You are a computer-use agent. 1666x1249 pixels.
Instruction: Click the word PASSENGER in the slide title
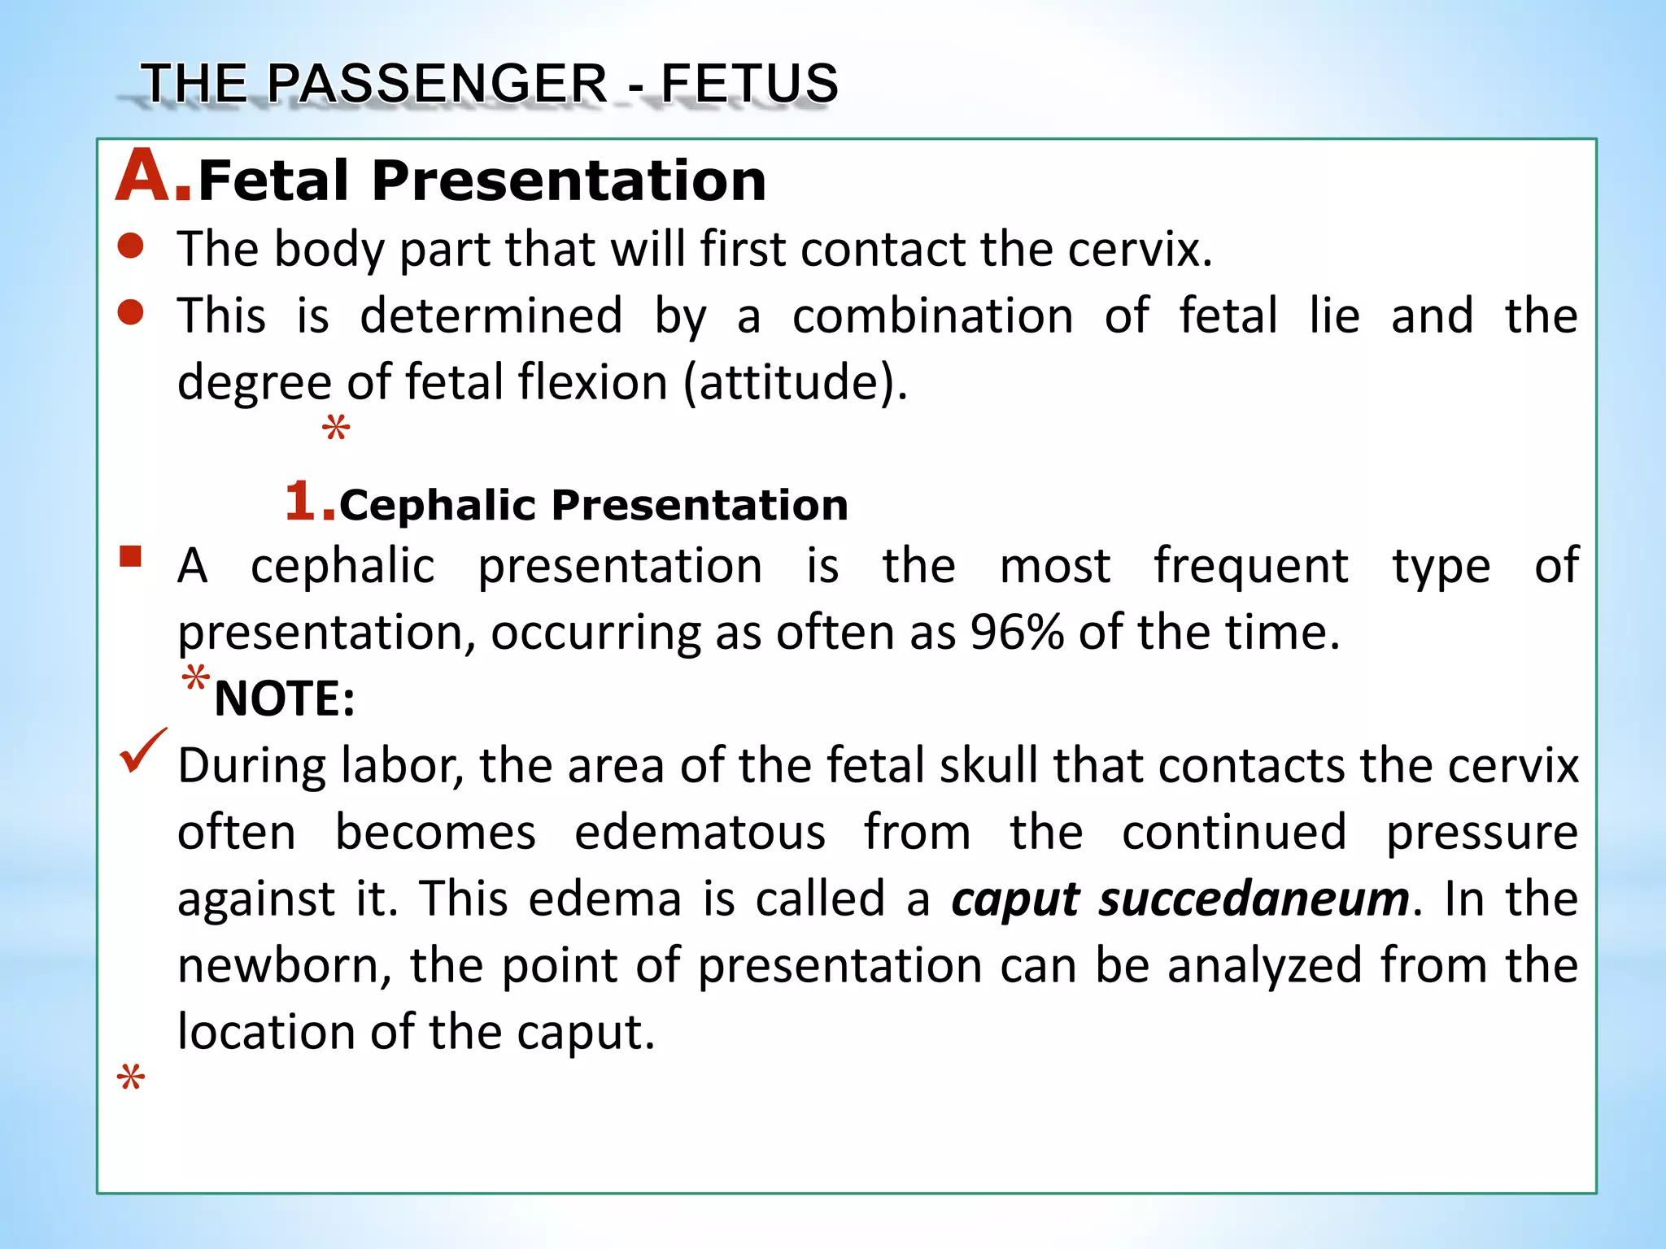[x=436, y=83]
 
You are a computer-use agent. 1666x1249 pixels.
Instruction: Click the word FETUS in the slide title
[x=748, y=83]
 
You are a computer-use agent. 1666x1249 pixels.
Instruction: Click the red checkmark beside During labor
[x=143, y=749]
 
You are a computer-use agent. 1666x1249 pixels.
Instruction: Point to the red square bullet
[x=130, y=557]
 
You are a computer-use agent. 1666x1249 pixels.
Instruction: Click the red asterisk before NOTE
[x=195, y=677]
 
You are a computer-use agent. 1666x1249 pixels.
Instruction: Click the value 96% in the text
[x=1016, y=632]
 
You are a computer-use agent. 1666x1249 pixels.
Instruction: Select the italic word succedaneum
[x=1254, y=899]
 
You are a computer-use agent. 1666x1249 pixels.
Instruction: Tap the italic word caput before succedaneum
[x=1015, y=900]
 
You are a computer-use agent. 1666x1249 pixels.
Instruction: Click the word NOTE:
[x=285, y=698]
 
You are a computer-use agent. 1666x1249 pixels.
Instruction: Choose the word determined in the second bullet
[x=491, y=316]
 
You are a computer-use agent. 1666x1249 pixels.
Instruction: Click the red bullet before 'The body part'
[x=130, y=246]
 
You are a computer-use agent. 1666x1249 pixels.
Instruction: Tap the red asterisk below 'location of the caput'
[x=130, y=1078]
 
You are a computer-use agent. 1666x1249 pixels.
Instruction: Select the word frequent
[x=1250, y=565]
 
